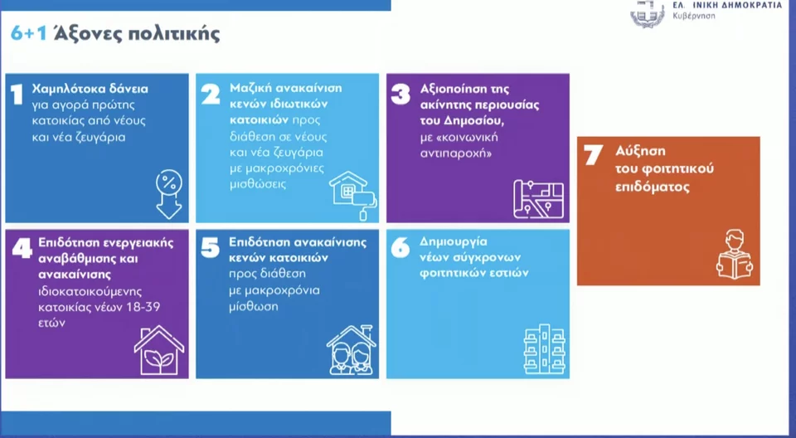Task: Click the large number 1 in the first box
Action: point(17,95)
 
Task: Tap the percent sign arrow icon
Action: point(169,195)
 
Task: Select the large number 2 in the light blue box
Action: point(211,95)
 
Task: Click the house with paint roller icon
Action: point(353,196)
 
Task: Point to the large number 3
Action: point(400,95)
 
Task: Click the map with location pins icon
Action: point(538,199)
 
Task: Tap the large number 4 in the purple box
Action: point(22,248)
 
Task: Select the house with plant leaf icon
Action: point(159,350)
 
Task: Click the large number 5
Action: point(210,248)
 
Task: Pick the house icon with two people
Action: point(352,350)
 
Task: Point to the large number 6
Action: point(400,248)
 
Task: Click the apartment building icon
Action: point(544,349)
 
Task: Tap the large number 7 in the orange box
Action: point(593,155)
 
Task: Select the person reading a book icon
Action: point(735,254)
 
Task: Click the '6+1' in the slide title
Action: point(28,33)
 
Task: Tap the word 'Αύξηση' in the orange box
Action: point(640,151)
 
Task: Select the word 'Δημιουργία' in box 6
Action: point(454,241)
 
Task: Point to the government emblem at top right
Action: point(648,12)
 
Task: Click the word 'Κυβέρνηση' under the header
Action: point(694,16)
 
